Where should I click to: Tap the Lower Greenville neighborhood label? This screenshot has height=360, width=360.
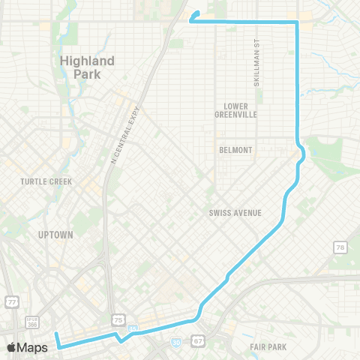(x=235, y=110)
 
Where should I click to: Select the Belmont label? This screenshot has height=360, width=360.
(x=235, y=150)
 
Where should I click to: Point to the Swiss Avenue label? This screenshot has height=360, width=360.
(x=235, y=213)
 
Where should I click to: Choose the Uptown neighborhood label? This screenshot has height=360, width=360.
(x=55, y=235)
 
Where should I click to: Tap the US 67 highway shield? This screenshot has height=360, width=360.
(x=199, y=340)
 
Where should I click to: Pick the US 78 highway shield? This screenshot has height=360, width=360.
(x=340, y=247)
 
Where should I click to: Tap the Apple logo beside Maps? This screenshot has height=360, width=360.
(x=11, y=347)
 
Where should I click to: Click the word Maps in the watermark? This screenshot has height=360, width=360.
(x=33, y=347)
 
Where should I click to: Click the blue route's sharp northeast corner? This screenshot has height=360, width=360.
(x=298, y=23)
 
